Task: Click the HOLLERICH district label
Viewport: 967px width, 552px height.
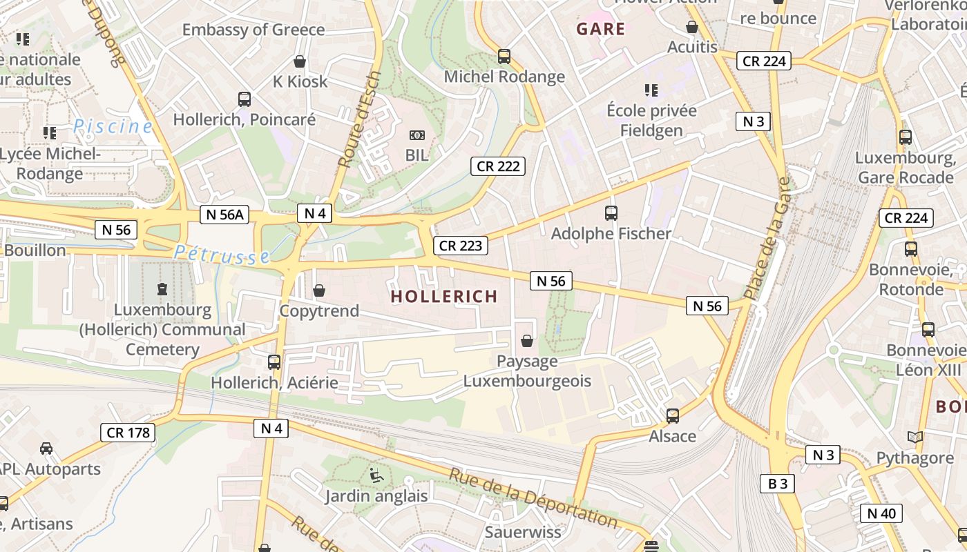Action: [x=444, y=297]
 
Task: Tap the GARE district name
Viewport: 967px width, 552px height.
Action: [x=600, y=29]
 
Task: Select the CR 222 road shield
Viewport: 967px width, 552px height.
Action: [x=498, y=166]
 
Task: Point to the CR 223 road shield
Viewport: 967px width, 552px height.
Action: [x=461, y=246]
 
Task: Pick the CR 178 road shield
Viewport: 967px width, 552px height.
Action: [x=128, y=433]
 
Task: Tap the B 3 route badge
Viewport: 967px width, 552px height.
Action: [x=778, y=484]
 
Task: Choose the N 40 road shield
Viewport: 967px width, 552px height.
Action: [x=881, y=513]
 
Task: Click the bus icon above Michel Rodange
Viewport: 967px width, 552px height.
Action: [x=504, y=57]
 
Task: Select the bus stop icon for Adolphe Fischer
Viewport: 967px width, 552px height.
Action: [x=611, y=213]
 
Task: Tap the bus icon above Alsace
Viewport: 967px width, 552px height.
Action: [x=672, y=416]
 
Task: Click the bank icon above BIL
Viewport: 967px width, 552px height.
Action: [x=417, y=135]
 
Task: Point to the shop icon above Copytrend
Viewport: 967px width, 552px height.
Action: [x=319, y=290]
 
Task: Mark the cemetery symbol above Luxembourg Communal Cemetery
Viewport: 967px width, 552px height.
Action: [x=162, y=288]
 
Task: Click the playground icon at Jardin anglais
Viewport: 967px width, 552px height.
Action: [x=376, y=475]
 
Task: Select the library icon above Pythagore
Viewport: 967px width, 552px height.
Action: [x=915, y=437]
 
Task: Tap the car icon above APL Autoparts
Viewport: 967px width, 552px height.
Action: [x=46, y=448]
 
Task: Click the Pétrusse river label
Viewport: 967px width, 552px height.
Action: [x=222, y=255]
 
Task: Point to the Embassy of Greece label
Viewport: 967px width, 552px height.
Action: [x=253, y=30]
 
